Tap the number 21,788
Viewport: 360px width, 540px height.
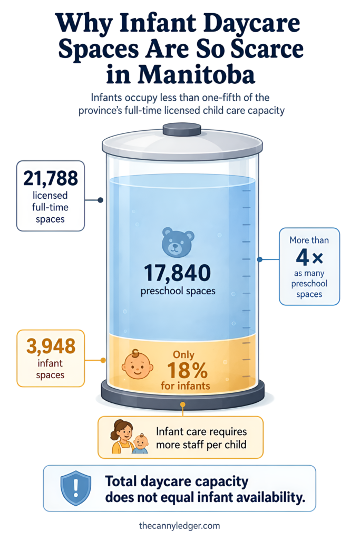(51, 178)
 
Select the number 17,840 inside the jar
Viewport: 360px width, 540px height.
(177, 273)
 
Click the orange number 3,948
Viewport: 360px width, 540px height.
(51, 346)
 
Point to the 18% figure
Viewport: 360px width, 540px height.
(187, 370)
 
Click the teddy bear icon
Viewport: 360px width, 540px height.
(178, 242)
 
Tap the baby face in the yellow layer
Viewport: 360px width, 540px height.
(137, 364)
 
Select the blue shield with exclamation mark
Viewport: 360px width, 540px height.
(76, 489)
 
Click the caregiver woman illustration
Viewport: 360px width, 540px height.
(122, 436)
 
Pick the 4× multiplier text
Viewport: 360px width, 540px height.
(309, 257)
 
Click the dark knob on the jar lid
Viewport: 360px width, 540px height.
(182, 130)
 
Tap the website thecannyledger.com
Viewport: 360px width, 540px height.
(179, 526)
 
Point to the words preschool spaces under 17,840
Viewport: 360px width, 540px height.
(178, 291)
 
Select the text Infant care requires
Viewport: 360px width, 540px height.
(201, 431)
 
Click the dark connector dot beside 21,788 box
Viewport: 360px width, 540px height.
(101, 200)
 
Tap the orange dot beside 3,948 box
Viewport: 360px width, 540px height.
(103, 360)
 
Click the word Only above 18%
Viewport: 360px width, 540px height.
(183, 355)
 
